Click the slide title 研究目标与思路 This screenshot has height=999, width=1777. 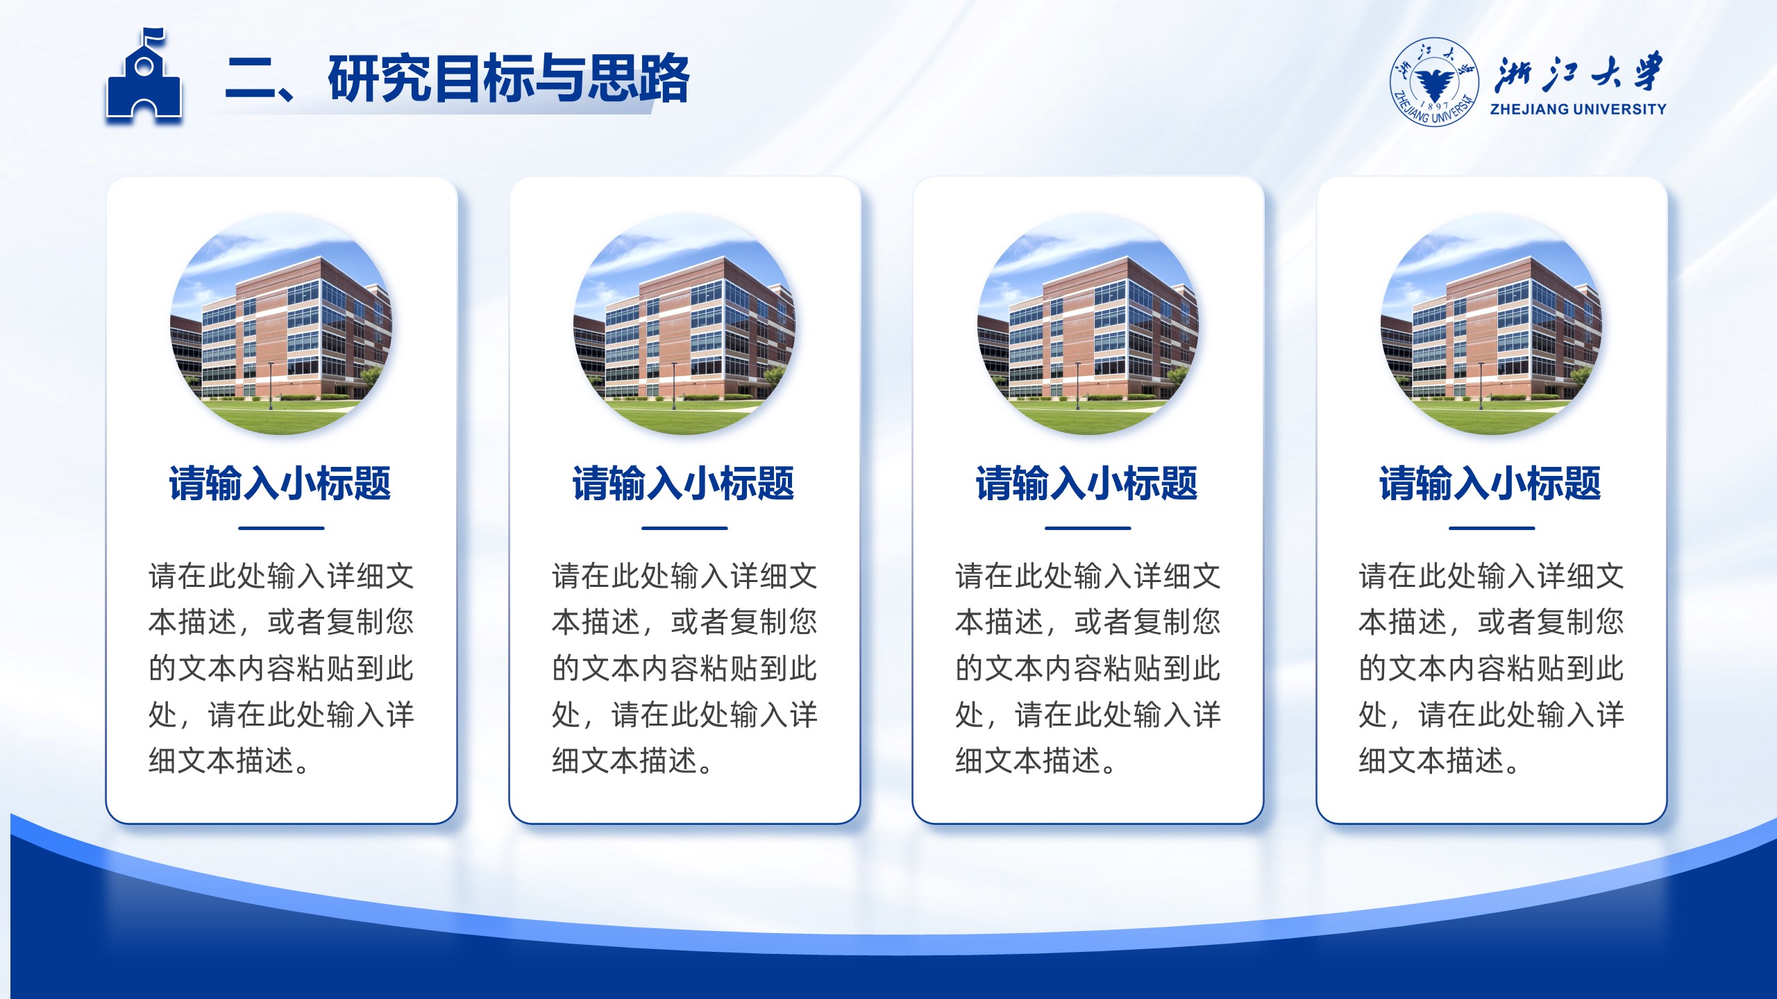509,78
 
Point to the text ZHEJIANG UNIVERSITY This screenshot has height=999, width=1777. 1578,109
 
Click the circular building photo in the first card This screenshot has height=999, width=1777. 281,324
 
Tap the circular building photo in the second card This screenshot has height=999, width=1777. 684,324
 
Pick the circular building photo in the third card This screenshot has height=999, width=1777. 1088,324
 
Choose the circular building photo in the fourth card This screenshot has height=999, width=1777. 1492,324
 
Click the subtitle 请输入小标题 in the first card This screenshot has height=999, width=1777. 280,484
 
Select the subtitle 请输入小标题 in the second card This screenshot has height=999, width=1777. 684,484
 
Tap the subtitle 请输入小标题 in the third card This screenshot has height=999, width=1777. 1087,484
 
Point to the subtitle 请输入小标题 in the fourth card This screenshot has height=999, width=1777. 1490,484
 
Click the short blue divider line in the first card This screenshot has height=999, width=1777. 281,528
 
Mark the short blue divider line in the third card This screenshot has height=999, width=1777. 1088,528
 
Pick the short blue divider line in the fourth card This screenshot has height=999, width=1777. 1492,528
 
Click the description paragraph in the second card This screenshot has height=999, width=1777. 684,668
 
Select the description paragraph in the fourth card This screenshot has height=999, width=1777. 1492,668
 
